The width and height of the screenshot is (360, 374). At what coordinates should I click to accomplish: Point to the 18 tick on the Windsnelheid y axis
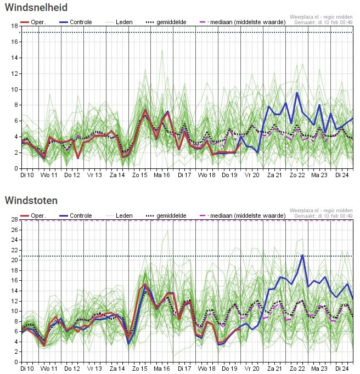point(14,26)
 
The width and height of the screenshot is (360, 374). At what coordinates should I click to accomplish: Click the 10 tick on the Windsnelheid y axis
point(14,89)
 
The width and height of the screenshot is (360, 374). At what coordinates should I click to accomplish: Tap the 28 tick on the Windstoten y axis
point(14,219)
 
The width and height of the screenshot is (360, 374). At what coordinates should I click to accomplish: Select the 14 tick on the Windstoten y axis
point(14,291)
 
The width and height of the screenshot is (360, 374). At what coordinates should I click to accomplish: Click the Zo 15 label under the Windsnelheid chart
point(140,175)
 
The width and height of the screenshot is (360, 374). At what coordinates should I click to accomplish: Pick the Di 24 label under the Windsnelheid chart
point(342,175)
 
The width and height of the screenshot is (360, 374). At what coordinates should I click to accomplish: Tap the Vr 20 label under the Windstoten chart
point(252,369)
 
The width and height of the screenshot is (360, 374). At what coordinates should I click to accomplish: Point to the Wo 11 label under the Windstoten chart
point(50,369)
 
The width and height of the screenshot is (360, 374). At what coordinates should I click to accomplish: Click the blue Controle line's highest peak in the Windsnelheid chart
point(297,93)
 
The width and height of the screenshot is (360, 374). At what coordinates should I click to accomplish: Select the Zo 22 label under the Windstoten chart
point(297,369)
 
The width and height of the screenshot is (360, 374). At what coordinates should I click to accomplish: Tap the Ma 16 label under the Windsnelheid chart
point(162,175)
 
